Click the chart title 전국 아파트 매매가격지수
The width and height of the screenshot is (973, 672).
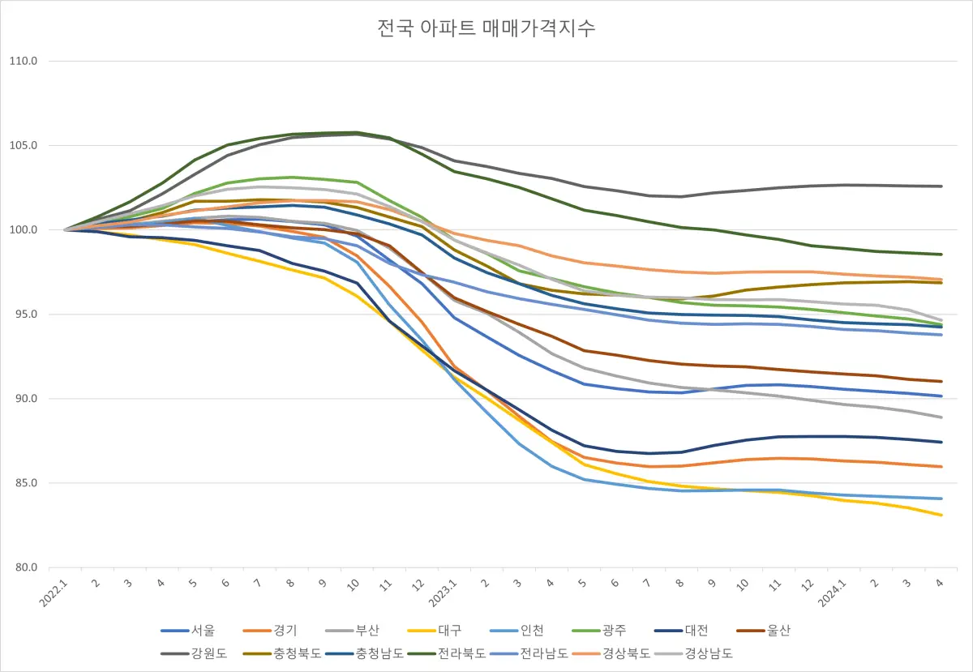[486, 28]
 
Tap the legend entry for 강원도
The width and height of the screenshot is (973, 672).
[204, 653]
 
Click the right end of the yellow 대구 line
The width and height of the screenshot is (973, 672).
[941, 515]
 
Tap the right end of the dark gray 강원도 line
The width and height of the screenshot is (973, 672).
[941, 186]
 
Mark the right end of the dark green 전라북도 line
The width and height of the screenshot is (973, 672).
[941, 255]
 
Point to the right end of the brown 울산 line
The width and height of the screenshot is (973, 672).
[941, 382]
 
